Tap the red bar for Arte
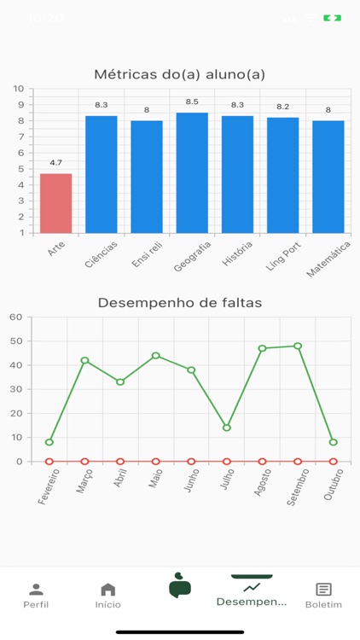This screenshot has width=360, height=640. pos(56,203)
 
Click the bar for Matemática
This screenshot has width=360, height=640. pos(328,176)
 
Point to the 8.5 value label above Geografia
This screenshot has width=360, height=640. pos(192,102)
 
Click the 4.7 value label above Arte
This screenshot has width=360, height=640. pos(56,163)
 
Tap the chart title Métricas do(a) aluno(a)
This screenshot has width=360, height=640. pos(180,75)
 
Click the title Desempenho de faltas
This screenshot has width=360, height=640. pos(180,302)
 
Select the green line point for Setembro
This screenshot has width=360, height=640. pos(298,346)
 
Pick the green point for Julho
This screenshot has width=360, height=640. pos(227,428)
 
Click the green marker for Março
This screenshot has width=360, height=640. pos(84,360)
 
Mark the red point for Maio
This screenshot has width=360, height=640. pos(156,461)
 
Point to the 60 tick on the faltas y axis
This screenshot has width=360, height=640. pos(15,317)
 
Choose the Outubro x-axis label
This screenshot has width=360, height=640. pos(334,484)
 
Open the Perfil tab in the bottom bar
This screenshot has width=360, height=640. pos(36,595)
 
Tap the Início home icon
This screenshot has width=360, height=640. pos(108,590)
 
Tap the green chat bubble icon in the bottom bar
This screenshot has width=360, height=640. pos(180,585)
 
